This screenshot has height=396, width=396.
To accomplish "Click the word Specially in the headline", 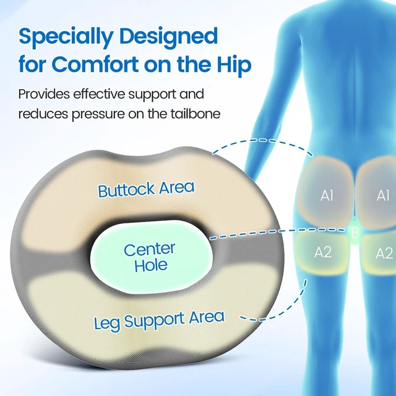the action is (x=66, y=37).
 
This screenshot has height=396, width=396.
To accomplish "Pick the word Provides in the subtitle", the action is (x=44, y=94).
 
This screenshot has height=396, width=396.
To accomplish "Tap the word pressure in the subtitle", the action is (x=98, y=114).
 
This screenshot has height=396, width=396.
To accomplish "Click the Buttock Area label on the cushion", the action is (x=146, y=189).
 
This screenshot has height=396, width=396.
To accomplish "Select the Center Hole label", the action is (x=150, y=257).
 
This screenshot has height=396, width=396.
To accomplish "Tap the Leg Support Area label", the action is (x=159, y=321).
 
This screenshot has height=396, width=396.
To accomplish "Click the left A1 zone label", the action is (x=327, y=196).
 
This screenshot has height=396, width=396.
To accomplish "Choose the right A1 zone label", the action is (x=383, y=196).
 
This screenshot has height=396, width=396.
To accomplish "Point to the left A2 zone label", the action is (x=322, y=252).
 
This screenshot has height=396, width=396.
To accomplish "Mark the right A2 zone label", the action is (x=384, y=253).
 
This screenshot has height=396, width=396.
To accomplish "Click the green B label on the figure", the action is (x=355, y=233).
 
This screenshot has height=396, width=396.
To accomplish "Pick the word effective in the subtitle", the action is (x=99, y=94).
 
